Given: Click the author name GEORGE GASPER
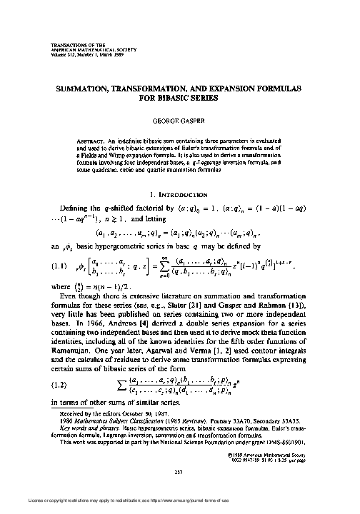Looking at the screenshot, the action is [179, 121].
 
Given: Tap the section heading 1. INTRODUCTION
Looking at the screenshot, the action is [179, 194].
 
